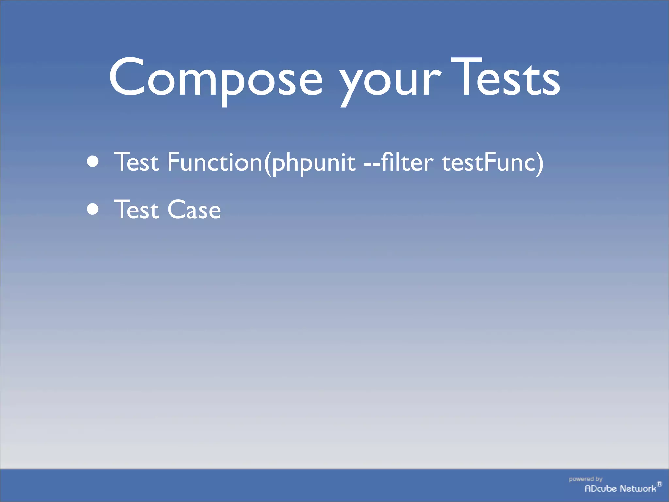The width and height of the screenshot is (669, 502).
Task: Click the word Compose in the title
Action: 216,78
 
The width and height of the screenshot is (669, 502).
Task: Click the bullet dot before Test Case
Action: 93,209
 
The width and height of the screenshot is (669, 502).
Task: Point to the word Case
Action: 194,209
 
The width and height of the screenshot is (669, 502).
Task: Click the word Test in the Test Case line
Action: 137,209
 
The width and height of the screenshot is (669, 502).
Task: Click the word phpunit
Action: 314,163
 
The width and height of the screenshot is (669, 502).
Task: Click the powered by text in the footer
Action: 585,479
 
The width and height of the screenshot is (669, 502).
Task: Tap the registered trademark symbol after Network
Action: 660,484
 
